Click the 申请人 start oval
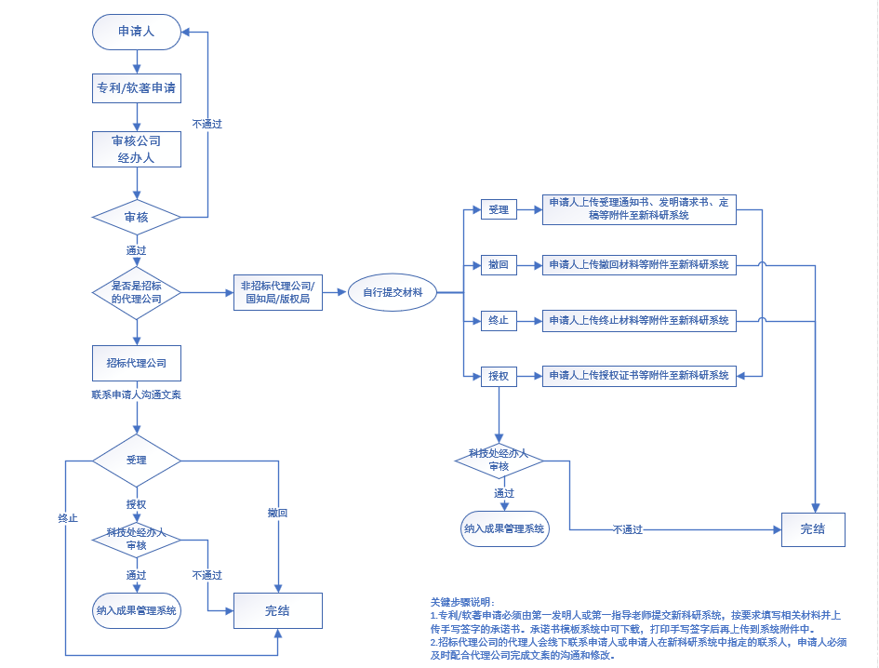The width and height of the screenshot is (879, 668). (x=136, y=33)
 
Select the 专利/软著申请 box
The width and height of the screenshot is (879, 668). (x=137, y=89)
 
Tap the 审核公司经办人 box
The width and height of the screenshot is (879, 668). (x=137, y=150)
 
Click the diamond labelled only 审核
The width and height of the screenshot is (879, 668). (x=136, y=218)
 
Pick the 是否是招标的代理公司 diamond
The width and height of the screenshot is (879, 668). (x=136, y=292)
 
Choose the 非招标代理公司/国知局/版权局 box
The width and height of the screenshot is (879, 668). (x=277, y=293)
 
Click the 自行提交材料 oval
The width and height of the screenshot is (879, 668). (x=392, y=293)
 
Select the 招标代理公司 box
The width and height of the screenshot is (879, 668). (x=137, y=363)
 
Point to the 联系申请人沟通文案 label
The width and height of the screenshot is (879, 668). (x=136, y=395)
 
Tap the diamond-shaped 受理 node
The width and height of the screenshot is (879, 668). (x=136, y=460)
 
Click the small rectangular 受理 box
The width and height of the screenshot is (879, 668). (x=499, y=210)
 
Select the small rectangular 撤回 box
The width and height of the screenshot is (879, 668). (x=499, y=266)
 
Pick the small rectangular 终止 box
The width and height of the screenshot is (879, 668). (x=499, y=321)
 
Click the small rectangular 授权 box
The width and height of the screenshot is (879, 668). (x=499, y=376)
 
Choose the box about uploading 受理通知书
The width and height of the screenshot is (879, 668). (x=639, y=208)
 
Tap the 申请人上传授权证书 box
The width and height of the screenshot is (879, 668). (x=639, y=376)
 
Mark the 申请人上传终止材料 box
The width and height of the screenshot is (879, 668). (x=639, y=321)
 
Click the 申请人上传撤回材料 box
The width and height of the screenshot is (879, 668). (x=639, y=266)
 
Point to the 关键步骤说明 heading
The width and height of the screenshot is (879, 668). (x=463, y=603)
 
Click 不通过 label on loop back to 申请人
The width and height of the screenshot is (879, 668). (x=206, y=124)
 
